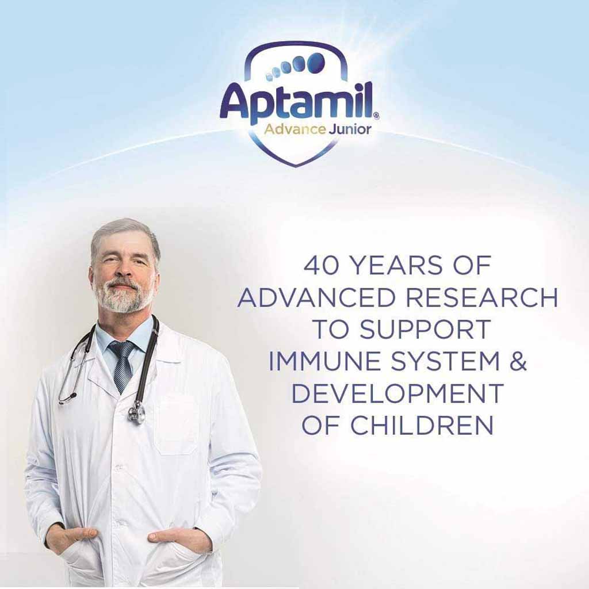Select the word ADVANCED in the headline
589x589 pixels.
coord(316,297)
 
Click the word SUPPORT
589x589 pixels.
coord(425,330)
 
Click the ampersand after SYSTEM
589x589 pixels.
coord(518,362)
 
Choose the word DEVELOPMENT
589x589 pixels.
coord(397,393)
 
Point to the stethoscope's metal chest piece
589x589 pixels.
coord(136,412)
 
